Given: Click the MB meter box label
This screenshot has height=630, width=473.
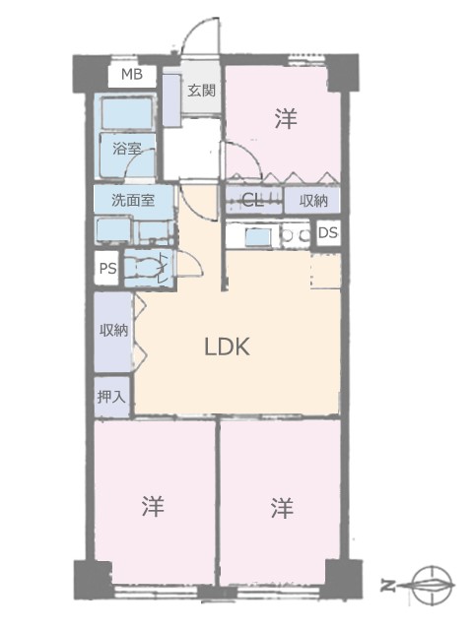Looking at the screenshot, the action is pos(132,75).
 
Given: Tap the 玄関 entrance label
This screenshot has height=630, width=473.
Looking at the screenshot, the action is pos(201,91).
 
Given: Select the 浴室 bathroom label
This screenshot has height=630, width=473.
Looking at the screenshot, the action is pos(127,149).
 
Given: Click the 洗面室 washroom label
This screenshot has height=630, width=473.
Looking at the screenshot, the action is pos(133,200).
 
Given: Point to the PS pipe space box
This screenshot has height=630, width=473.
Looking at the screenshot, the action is pos(107,268).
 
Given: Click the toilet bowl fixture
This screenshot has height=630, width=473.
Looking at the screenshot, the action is pos(143,267).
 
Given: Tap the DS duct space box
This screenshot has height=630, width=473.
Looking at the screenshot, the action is pos(328,232).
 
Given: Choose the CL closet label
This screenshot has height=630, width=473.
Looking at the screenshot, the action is pos(252,200).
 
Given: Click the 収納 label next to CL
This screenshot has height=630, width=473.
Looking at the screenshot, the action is pos(313,201).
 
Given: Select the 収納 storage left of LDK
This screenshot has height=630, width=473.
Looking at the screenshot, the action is pos(114,331).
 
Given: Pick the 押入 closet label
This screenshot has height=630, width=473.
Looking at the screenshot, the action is pos(111,397).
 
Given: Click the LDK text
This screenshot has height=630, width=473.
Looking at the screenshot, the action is pos(228,346).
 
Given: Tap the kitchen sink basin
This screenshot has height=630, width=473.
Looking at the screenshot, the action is pos(258,237).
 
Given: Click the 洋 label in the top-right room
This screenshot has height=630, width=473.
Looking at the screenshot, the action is pos(286,118).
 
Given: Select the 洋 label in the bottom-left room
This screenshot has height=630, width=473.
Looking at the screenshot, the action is pos(153,506).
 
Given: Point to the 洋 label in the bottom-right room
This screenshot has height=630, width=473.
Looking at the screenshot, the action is pos(282,508).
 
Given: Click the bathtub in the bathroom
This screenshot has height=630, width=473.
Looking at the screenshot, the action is pos(127,113).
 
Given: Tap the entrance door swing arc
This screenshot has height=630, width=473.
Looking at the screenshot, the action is pos(193,31).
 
